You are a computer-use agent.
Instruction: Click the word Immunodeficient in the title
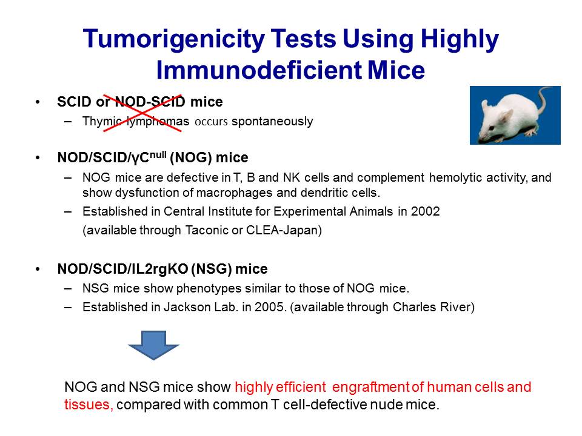coord(259,70)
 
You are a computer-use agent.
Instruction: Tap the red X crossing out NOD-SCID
coord(142,113)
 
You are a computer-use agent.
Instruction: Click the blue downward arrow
coord(153,345)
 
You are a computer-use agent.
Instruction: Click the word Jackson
coord(187,307)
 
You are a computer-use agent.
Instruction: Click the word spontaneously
coord(272,121)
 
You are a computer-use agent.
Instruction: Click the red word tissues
coord(89,405)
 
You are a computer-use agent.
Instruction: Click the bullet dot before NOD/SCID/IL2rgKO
coord(38,269)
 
